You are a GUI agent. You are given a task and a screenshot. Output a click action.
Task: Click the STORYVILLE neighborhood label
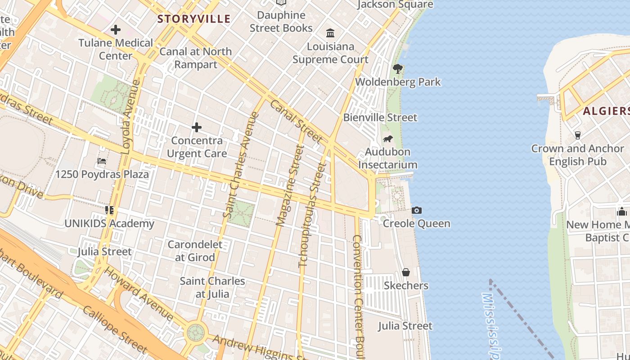tap(194, 19)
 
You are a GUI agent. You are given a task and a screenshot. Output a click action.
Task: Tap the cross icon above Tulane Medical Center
tap(116, 30)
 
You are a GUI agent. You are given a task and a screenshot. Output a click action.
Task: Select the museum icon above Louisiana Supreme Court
tap(331, 33)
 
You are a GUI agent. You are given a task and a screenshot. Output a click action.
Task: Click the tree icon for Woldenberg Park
tap(397, 69)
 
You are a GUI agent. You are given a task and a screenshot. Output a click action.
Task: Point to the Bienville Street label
tap(380, 117)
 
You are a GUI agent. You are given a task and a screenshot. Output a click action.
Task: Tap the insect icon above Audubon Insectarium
tap(387, 139)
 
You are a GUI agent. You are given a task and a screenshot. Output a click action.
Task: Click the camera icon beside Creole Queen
tap(417, 210)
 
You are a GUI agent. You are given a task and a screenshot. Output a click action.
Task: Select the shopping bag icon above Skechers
tap(406, 272)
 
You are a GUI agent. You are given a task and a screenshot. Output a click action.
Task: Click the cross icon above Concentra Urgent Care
tap(197, 128)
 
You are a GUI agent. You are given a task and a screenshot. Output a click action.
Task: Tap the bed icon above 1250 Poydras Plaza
tap(102, 161)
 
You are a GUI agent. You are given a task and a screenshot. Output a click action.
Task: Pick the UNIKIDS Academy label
tap(109, 224)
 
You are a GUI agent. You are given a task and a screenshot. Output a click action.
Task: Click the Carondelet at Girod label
tap(195, 251)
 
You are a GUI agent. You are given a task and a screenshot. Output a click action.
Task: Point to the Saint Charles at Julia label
tap(212, 288)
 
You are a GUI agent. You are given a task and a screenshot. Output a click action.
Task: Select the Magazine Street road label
tap(290, 185)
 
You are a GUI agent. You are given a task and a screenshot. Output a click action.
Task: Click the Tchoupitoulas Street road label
tap(312, 215)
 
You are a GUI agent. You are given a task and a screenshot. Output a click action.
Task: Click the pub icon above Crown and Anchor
tap(578, 135)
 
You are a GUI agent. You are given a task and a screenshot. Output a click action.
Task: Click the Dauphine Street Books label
tap(281, 22)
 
